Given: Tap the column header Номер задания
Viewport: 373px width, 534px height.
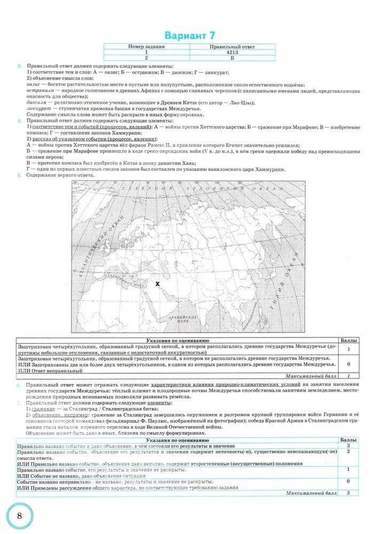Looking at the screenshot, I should (146, 47).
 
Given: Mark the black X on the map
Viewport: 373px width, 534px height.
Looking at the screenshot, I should (157, 284).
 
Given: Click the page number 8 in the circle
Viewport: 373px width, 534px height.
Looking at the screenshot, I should (19, 515).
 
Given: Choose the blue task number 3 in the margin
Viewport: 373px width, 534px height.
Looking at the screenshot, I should (19, 66).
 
